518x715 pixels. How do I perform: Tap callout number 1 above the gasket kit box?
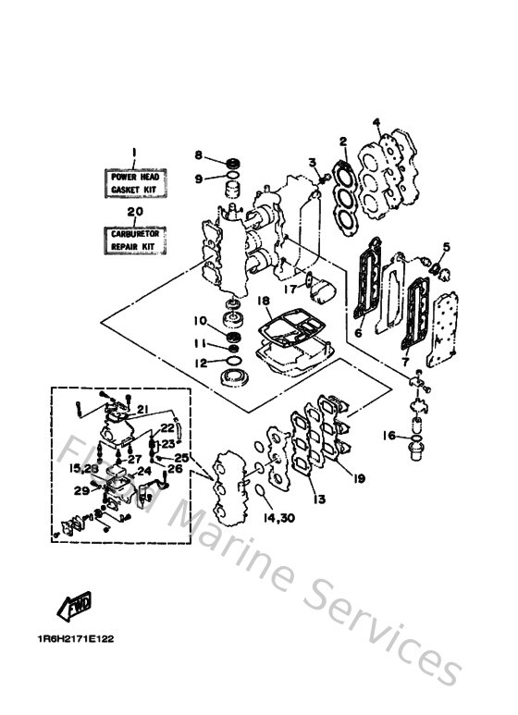(134, 152)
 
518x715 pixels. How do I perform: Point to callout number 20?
(135, 211)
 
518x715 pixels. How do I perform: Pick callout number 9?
(198, 178)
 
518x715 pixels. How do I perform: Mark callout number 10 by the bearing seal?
(200, 321)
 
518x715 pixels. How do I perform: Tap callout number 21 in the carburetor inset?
(144, 409)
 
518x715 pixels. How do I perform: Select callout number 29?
(81, 491)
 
